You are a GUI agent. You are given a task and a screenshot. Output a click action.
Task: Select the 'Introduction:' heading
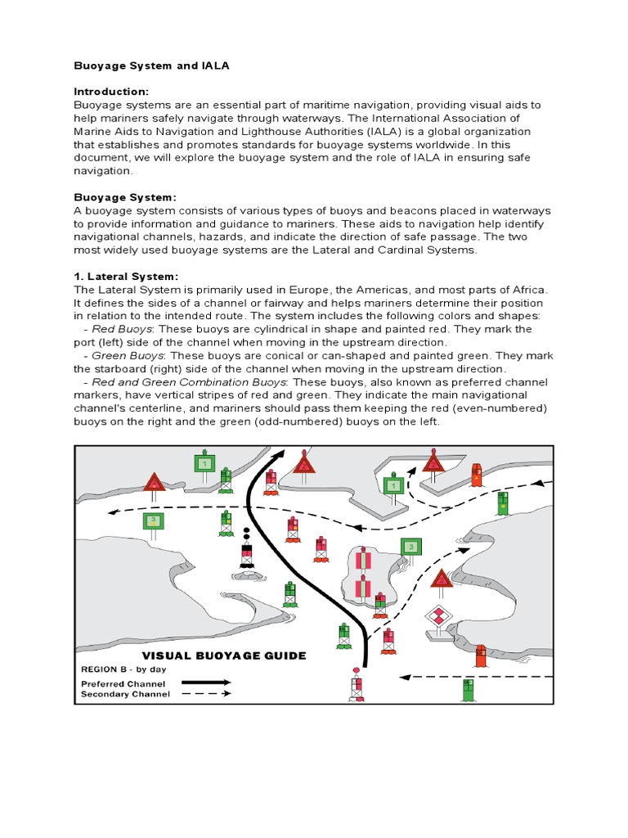pyautogui.click(x=112, y=92)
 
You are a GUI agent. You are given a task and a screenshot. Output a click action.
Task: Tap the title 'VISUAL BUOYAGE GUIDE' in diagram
pyautogui.click(x=225, y=656)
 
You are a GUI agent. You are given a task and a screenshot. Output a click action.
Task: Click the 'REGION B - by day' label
pyautogui.click(x=123, y=669)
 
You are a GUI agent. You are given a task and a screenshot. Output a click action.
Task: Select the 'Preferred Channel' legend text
pyautogui.click(x=123, y=683)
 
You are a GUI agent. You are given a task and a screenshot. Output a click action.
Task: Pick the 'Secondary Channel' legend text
pyautogui.click(x=125, y=694)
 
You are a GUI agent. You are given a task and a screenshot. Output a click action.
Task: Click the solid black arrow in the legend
pyautogui.click(x=206, y=682)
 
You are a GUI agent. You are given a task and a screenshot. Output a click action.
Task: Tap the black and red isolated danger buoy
pyautogui.click(x=246, y=551)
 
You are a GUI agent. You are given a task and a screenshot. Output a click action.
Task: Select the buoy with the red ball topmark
pyautogui.click(x=357, y=686)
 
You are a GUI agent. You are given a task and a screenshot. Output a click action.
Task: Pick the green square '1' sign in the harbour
pyautogui.click(x=393, y=486)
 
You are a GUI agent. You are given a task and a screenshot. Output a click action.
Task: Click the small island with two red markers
pyautogui.click(x=363, y=573)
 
